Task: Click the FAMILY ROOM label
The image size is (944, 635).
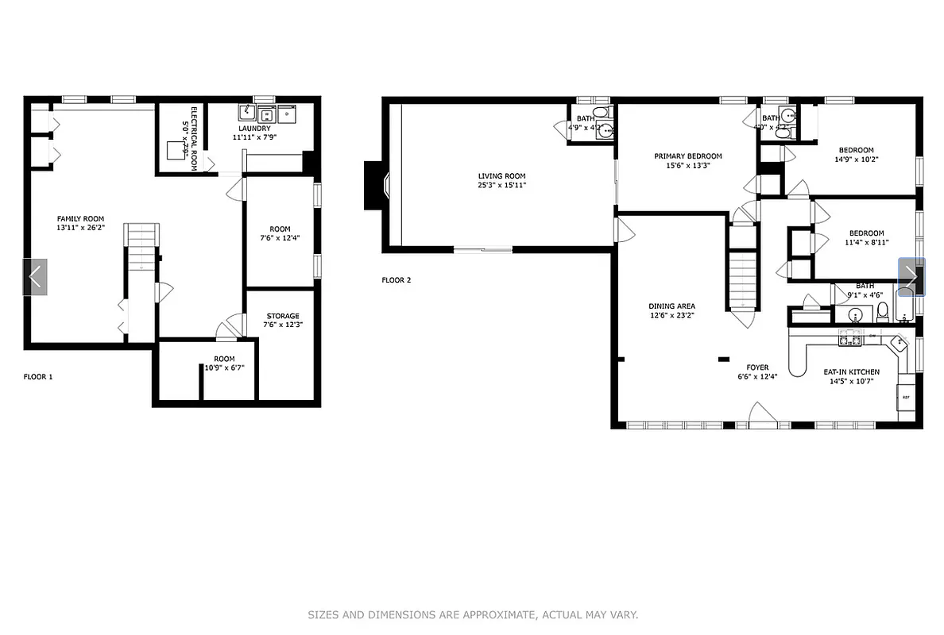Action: pos(80,218)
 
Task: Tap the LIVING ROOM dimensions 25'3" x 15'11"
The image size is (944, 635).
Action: pos(501,185)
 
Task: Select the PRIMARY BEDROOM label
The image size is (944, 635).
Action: pos(688,156)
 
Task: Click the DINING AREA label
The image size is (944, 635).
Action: pos(672,306)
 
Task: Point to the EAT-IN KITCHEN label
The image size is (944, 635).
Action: pos(852,371)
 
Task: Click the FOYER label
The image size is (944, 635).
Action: pos(756,368)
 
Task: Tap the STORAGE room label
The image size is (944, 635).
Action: pos(283,316)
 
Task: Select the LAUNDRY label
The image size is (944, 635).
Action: pos(254,128)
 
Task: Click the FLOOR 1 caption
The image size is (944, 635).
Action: pos(38,377)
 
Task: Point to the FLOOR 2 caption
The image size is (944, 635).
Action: pos(397,279)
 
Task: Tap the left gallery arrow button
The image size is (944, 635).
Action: pos(35,277)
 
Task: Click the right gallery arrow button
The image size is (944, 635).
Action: pos(911,277)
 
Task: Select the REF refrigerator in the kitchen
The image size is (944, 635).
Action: pos(905,396)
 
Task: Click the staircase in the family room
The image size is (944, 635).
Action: pos(141,247)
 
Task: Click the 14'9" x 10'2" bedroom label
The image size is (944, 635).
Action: pos(856,150)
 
